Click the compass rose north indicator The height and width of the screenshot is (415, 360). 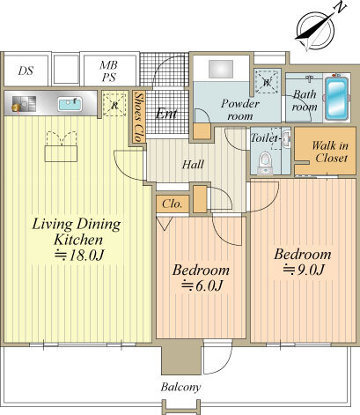(315, 29)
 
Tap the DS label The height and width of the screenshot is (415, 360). (26, 70)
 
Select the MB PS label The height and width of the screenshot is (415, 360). (108, 71)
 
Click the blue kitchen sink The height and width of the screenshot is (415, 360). (70, 104)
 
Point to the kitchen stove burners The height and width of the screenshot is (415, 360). (24, 104)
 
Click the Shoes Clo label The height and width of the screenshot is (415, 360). (139, 116)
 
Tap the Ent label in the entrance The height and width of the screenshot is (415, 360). (166, 114)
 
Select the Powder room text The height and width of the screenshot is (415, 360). (240, 109)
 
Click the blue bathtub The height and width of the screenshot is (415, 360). (336, 98)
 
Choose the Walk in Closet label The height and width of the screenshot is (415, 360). (330, 152)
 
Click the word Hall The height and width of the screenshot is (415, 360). (193, 165)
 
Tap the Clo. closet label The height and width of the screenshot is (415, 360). (173, 204)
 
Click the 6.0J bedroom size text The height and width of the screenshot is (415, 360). (202, 285)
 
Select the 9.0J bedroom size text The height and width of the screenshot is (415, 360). (304, 270)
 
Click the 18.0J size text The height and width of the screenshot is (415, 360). (80, 256)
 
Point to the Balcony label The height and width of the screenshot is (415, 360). (180, 388)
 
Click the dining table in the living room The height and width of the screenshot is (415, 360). (61, 153)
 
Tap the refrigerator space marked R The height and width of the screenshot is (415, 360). (114, 105)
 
